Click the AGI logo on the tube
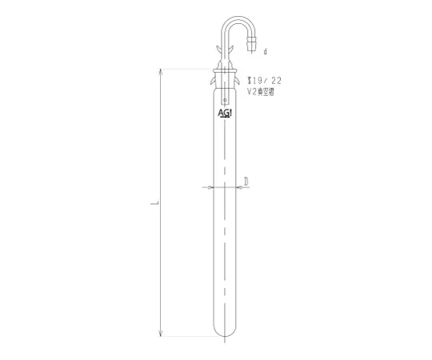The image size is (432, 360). pos(226,114)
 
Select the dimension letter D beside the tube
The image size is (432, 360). pos(247,182)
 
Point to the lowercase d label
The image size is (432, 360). pos(265,52)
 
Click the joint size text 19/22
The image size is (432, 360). pos(267,81)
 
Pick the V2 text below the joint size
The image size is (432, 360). pos(253,93)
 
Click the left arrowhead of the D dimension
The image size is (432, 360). pos(211,188)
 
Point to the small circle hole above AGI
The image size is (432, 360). pos(226,101)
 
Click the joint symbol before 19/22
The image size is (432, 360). pos(250,80)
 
